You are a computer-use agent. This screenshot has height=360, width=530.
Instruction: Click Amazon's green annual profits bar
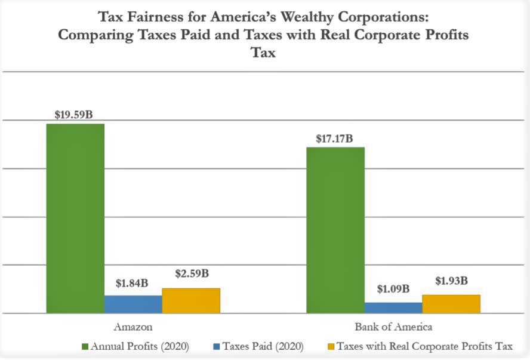[x=75, y=218]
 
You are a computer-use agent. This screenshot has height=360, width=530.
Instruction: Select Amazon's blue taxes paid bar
[x=133, y=304]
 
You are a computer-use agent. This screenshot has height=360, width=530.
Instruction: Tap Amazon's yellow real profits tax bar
[x=191, y=300]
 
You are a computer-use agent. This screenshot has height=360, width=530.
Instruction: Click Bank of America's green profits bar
[x=335, y=230]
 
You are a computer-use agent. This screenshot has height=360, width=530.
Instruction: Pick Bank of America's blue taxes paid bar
[x=393, y=307]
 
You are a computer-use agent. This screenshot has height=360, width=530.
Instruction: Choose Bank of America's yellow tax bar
[x=451, y=303]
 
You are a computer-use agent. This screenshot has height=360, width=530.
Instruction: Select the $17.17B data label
[x=334, y=139]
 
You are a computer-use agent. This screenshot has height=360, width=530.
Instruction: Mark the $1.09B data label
[x=393, y=290]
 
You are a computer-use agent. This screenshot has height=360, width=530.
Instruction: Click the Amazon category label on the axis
[x=132, y=327]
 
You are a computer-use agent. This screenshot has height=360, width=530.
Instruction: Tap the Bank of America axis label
[x=393, y=327]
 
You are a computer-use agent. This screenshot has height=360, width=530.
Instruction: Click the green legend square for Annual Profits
[x=84, y=346]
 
